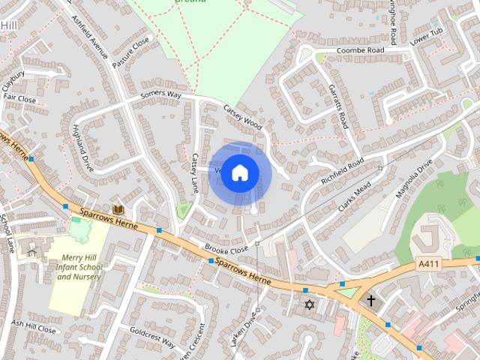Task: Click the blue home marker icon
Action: point(239,173)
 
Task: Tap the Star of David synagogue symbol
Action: point(308,305)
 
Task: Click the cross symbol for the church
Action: point(370,300)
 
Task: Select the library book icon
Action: point(118,211)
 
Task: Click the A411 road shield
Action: point(428,265)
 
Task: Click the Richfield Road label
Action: point(342,172)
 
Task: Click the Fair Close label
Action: point(19,98)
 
